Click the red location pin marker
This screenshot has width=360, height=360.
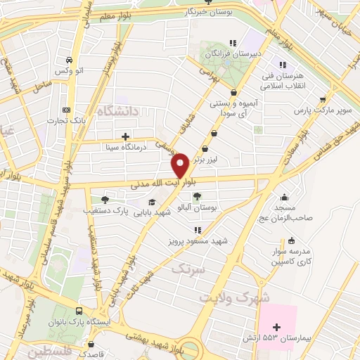point(180,165)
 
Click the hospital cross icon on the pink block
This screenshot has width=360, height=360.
point(277,326)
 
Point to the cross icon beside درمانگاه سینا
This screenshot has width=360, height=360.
point(125,136)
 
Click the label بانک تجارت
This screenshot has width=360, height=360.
point(67,120)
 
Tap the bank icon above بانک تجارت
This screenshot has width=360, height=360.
point(67,110)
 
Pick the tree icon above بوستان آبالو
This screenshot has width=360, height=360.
point(198,197)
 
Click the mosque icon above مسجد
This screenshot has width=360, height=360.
point(283,197)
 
